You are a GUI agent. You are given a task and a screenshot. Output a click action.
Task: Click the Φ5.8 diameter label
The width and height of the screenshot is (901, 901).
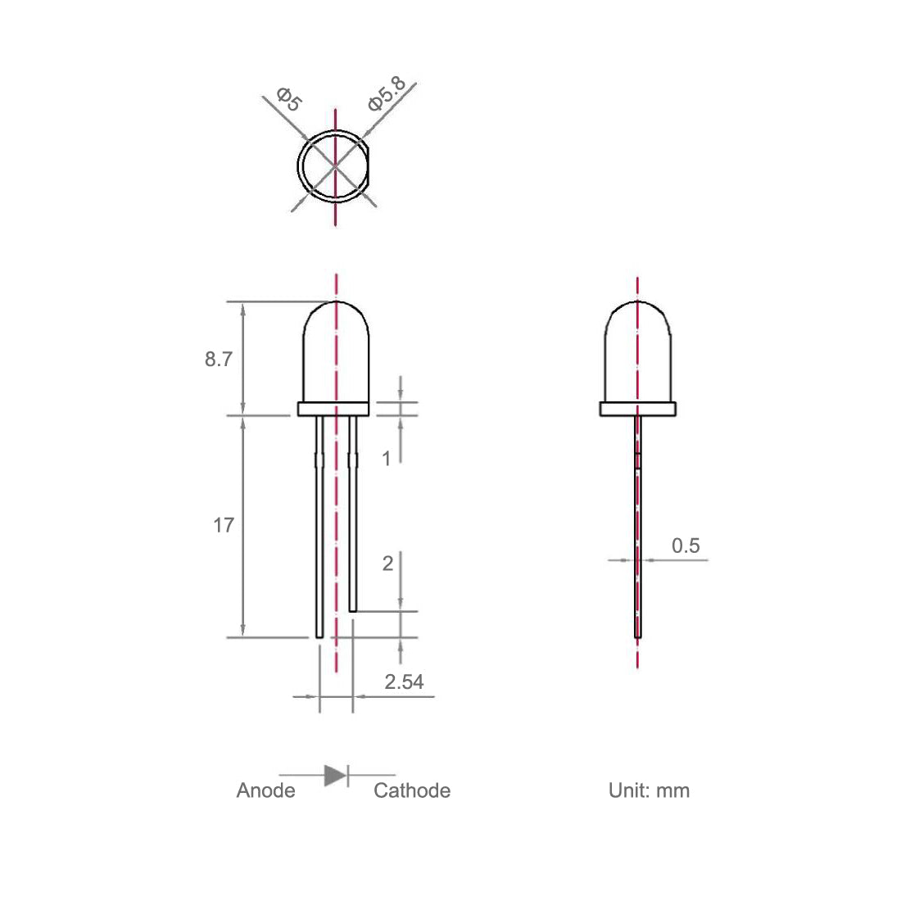click(385, 93)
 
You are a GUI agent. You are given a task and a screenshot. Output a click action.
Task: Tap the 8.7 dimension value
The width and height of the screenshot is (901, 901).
click(218, 359)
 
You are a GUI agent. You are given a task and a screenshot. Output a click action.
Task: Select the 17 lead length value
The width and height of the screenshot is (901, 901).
click(224, 525)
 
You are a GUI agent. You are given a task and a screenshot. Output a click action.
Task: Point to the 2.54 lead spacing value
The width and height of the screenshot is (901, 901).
click(404, 681)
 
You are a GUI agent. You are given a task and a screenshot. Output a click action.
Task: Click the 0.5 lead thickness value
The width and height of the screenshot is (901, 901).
click(686, 546)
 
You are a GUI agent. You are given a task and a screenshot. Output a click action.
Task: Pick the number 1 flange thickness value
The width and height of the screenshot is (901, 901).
click(387, 459)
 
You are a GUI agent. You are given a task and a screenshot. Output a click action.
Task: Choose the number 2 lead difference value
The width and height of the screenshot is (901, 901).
click(387, 563)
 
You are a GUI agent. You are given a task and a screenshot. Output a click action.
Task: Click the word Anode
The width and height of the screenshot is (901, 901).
click(265, 790)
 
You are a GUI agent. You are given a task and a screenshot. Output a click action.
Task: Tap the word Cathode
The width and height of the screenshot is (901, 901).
click(412, 790)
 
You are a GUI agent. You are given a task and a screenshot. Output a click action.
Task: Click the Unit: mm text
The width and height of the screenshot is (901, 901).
click(649, 790)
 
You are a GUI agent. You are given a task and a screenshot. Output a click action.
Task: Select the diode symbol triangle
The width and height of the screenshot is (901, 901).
click(334, 775)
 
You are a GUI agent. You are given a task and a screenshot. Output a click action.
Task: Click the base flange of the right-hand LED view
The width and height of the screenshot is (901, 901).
click(638, 409)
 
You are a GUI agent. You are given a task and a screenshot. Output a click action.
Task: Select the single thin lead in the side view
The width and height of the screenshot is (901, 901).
click(638, 557)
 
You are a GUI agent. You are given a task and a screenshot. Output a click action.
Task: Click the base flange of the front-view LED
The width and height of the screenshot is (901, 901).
click(336, 409)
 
